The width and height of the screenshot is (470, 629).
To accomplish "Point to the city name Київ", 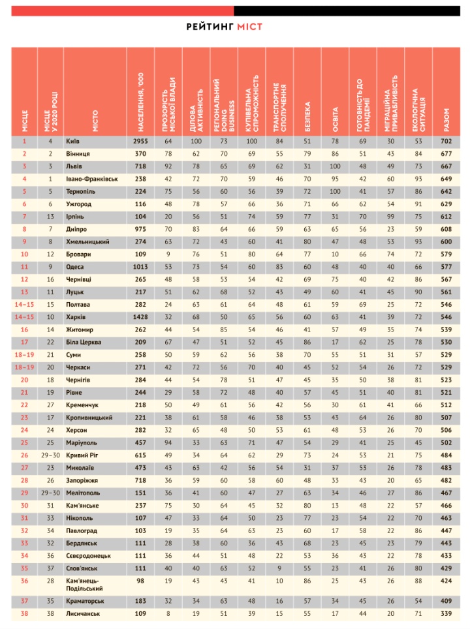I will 73,141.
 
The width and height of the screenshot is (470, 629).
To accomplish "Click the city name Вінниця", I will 78,153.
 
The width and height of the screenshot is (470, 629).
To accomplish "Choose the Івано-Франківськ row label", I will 91,178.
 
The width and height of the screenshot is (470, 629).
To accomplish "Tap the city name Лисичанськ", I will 84,614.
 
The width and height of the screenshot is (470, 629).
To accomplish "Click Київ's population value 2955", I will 140,141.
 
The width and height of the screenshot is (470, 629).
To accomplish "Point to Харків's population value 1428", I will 140,316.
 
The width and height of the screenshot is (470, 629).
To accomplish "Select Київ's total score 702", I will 446,141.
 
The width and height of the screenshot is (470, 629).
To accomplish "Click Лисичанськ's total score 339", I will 446,614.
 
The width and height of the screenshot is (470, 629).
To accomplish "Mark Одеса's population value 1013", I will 140,266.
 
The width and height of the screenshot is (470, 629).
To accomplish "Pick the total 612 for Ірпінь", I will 446,216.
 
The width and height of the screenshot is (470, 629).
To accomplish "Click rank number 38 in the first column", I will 24,614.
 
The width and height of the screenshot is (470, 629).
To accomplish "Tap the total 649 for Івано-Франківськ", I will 446,178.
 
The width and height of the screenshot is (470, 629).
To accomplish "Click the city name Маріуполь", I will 82,442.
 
